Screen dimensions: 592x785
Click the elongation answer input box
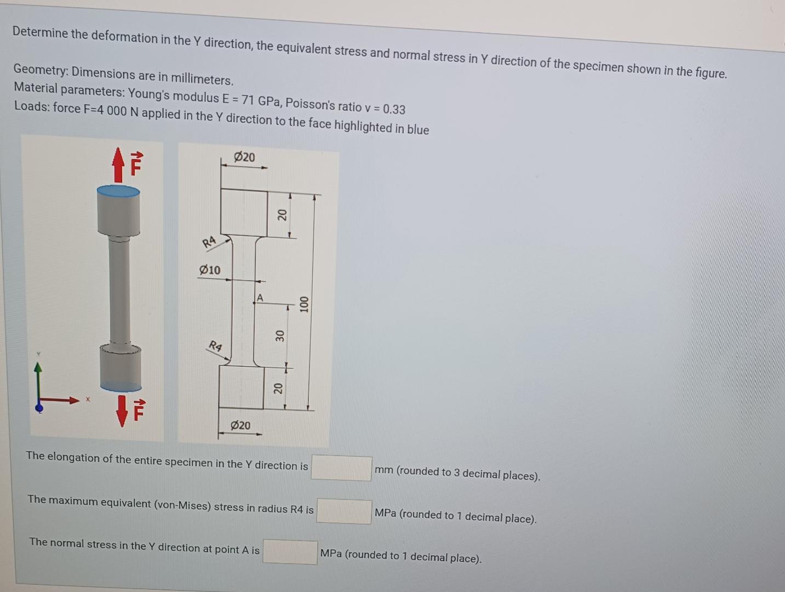[341, 468]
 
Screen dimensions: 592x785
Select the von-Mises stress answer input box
[344, 511]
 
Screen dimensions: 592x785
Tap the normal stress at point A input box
[290, 552]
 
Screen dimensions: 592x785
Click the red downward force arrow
[122, 411]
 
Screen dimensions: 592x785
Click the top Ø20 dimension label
[244, 157]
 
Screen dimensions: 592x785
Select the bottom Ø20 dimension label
[240, 425]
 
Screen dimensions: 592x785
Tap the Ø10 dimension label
[210, 270]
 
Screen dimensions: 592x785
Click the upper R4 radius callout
[209, 242]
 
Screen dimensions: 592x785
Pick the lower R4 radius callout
[215, 346]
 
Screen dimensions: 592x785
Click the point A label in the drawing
[260, 298]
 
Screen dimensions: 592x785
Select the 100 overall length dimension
[304, 304]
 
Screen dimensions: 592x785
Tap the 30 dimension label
[279, 335]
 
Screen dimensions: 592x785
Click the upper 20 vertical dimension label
[282, 214]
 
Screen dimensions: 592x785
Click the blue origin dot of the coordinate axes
[38, 408]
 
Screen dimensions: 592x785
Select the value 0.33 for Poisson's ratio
[394, 109]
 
